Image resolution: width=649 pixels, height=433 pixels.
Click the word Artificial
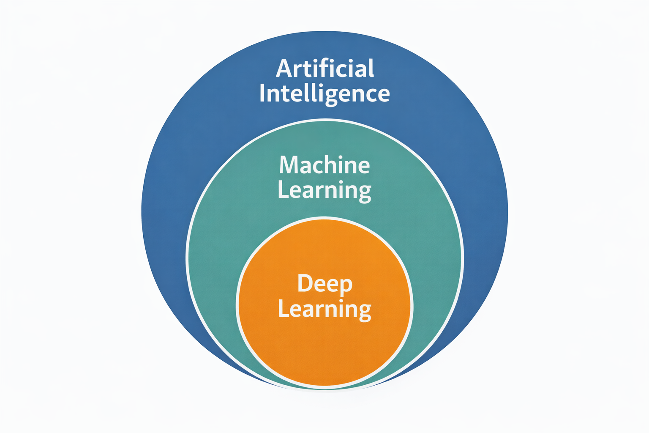[324, 68]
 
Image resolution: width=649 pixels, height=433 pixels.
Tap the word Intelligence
[324, 94]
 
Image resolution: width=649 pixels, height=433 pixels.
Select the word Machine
[324, 165]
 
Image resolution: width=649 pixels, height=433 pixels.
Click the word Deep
[324, 284]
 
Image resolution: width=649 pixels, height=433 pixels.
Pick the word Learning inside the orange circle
[324, 310]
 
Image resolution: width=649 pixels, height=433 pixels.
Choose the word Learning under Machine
[324, 191]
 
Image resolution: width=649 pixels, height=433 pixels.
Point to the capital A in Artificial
[284, 68]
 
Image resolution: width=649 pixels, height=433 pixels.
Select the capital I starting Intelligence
[262, 93]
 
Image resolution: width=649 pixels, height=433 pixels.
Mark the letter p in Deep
[346, 286]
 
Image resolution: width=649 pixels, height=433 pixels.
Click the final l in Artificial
[371, 68]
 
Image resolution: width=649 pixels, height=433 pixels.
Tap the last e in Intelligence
[383, 95]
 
